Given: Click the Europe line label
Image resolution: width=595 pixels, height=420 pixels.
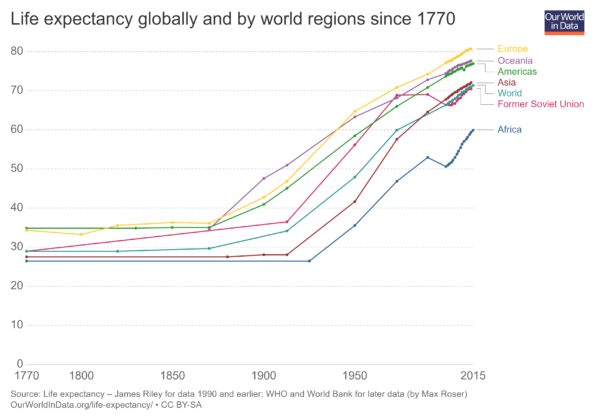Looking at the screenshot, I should click(513, 48).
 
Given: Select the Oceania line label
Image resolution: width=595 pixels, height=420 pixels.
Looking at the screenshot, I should click(515, 61).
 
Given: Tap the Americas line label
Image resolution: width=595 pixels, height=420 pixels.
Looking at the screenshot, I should click(517, 72).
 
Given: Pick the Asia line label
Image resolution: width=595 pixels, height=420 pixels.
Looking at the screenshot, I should click(507, 83).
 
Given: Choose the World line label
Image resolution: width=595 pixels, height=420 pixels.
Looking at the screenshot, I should click(510, 93).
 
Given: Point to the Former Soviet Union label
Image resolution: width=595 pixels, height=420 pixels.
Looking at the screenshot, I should click(540, 104).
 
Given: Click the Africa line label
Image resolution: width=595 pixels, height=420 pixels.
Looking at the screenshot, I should click(510, 130).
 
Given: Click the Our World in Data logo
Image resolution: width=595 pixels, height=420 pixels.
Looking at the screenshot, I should click(564, 22).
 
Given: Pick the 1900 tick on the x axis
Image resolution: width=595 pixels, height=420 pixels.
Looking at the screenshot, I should click(264, 376).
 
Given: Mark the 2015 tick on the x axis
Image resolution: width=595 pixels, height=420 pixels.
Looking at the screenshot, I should click(473, 376).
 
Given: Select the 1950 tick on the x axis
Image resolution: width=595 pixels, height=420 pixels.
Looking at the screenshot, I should click(354, 376).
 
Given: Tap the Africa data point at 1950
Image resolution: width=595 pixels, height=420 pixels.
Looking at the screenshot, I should click(354, 225).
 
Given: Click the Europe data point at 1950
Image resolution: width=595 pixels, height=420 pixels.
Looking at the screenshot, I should click(354, 111).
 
